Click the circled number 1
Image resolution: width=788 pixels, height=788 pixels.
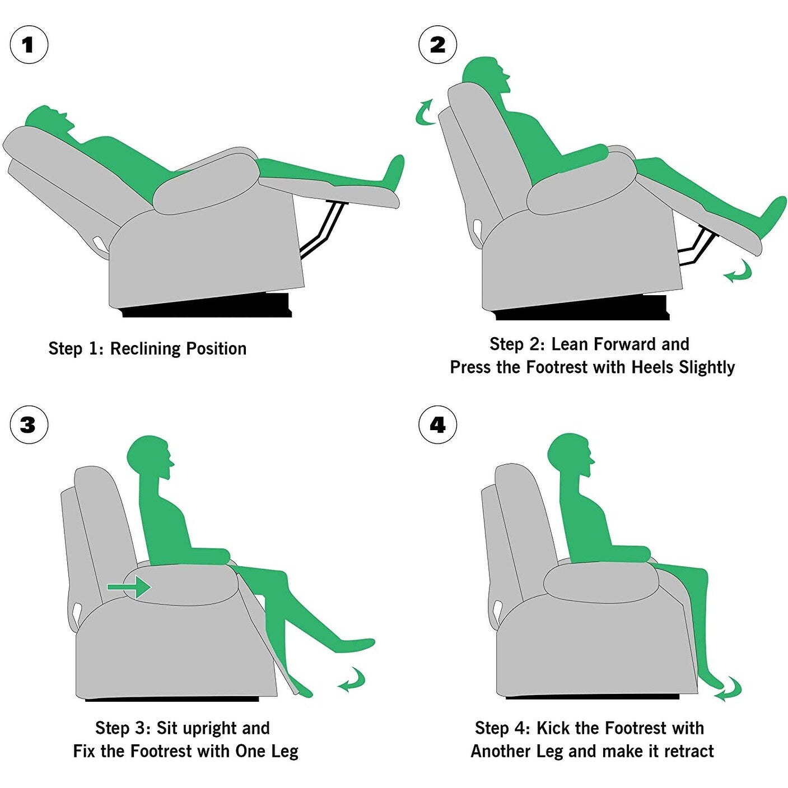point(29,45)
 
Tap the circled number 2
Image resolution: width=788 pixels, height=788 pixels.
point(437,45)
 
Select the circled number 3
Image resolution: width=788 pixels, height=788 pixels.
point(29,425)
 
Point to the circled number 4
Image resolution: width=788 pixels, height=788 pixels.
point(437,425)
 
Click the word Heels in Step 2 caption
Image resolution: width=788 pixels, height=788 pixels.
point(652,367)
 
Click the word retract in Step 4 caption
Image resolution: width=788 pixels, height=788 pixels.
point(688,751)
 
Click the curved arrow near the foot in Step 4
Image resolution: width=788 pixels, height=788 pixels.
point(729,689)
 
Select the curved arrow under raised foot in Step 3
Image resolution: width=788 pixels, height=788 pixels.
point(352,679)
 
